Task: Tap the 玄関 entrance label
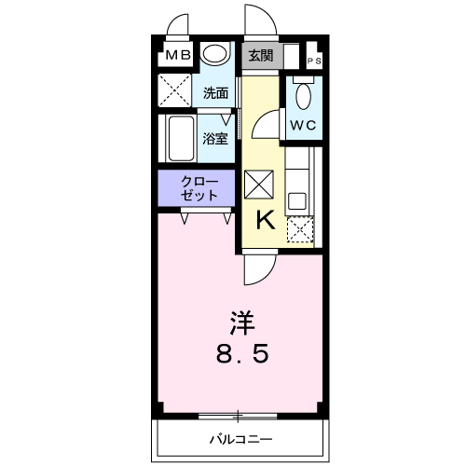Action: tap(261, 55)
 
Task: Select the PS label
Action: tap(315, 62)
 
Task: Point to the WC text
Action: tap(301, 124)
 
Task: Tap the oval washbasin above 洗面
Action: tap(216, 55)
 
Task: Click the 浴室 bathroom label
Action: tap(215, 139)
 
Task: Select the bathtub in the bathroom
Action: tap(179, 139)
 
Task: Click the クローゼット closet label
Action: tap(200, 188)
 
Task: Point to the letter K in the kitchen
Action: tap(265, 221)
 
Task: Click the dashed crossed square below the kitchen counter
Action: tap(300, 229)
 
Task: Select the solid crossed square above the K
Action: tap(260, 185)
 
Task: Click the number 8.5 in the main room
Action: tap(244, 354)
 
